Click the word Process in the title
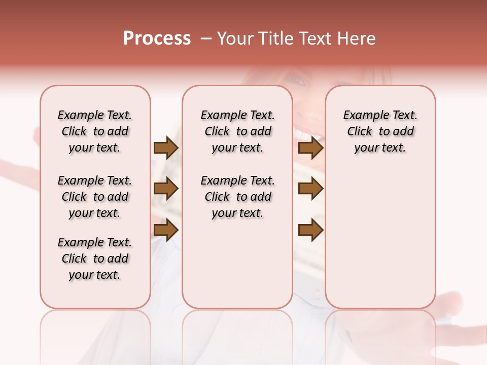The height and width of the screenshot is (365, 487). (x=156, y=39)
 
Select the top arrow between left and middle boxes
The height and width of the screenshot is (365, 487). (x=165, y=148)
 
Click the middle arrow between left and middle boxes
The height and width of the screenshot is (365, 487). (x=165, y=189)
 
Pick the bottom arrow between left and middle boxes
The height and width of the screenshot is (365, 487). (x=165, y=230)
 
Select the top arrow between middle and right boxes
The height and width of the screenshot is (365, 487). (x=310, y=148)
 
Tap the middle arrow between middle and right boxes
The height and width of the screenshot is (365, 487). (x=310, y=189)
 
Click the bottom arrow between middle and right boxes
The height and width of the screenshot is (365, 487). (x=310, y=230)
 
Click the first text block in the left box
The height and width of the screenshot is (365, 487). (x=95, y=131)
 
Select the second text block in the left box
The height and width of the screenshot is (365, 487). (x=95, y=197)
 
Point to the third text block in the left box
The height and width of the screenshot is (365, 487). (x=95, y=259)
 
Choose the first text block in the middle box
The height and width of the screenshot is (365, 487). (x=237, y=131)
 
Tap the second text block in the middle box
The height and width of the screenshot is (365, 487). (x=237, y=197)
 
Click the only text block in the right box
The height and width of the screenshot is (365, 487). (x=380, y=131)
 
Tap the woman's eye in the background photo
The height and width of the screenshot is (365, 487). (x=299, y=81)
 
